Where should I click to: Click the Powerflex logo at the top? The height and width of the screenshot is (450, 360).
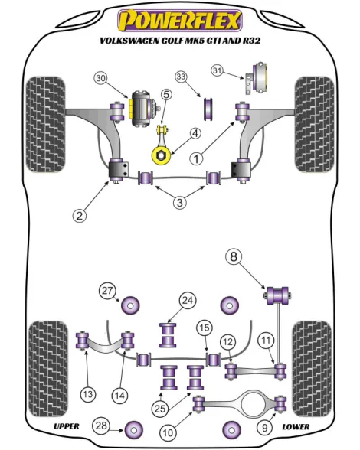(x=180, y=21)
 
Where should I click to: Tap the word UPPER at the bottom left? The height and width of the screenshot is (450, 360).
(x=67, y=426)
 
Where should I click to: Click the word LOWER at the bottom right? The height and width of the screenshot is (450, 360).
(x=296, y=427)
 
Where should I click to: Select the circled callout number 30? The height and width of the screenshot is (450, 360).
(x=101, y=78)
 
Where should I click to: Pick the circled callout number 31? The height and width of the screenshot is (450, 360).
(x=218, y=70)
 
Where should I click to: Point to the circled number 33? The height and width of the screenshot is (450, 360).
(x=182, y=77)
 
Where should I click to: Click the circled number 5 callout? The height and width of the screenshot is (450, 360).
(x=167, y=94)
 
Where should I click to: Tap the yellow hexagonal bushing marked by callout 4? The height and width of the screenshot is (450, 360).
(x=161, y=155)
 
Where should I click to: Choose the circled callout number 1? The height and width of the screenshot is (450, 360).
(x=197, y=158)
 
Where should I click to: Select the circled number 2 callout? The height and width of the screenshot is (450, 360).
(x=80, y=215)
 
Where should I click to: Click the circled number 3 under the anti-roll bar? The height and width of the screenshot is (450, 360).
(x=180, y=203)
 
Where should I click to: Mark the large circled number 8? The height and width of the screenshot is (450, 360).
(x=234, y=256)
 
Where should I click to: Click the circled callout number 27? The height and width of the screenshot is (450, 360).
(x=107, y=291)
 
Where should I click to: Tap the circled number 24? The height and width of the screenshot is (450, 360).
(x=188, y=301)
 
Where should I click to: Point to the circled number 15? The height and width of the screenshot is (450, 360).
(x=205, y=328)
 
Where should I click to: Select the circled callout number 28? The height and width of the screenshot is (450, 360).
(x=101, y=426)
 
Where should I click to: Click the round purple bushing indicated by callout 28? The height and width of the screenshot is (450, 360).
(x=134, y=430)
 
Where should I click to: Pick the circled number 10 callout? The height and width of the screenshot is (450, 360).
(x=168, y=432)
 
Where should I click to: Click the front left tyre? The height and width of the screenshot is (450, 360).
(x=46, y=124)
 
